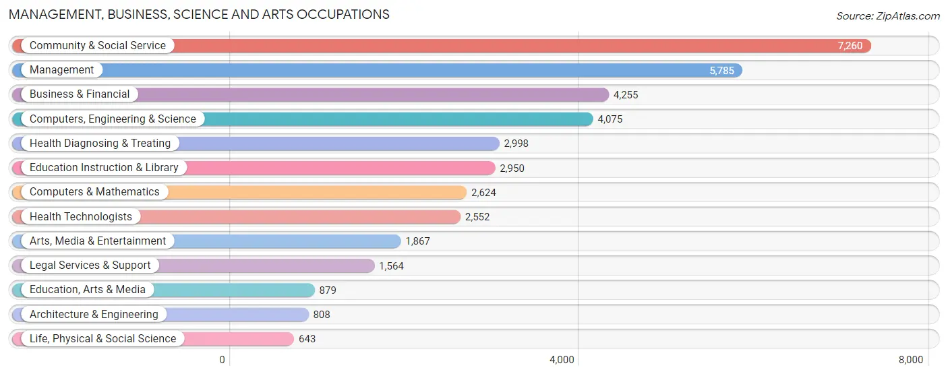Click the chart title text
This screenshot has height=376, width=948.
point(199,14)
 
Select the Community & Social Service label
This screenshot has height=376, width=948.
point(98,46)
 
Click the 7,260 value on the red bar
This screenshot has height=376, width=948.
point(850,46)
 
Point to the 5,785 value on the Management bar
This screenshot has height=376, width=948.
point(721,70)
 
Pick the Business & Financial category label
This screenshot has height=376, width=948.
point(80,94)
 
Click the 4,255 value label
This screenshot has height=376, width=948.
point(626,95)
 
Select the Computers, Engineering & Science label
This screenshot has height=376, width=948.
point(113,119)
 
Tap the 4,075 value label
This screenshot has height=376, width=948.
point(610,119)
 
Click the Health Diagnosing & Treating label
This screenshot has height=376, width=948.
point(100,144)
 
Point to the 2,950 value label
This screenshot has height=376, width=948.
point(512,168)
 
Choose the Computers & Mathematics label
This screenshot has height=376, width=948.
point(94,192)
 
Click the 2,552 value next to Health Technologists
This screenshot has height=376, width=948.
point(477,217)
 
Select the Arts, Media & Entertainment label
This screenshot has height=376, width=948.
point(98,241)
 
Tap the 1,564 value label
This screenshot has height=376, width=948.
point(391,266)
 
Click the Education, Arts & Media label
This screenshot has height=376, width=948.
point(88,290)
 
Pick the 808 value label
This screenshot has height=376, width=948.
point(322,315)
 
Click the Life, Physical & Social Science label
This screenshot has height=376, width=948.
point(102,339)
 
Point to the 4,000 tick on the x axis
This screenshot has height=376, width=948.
point(562,360)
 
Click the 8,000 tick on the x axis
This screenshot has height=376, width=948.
point(911,360)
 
